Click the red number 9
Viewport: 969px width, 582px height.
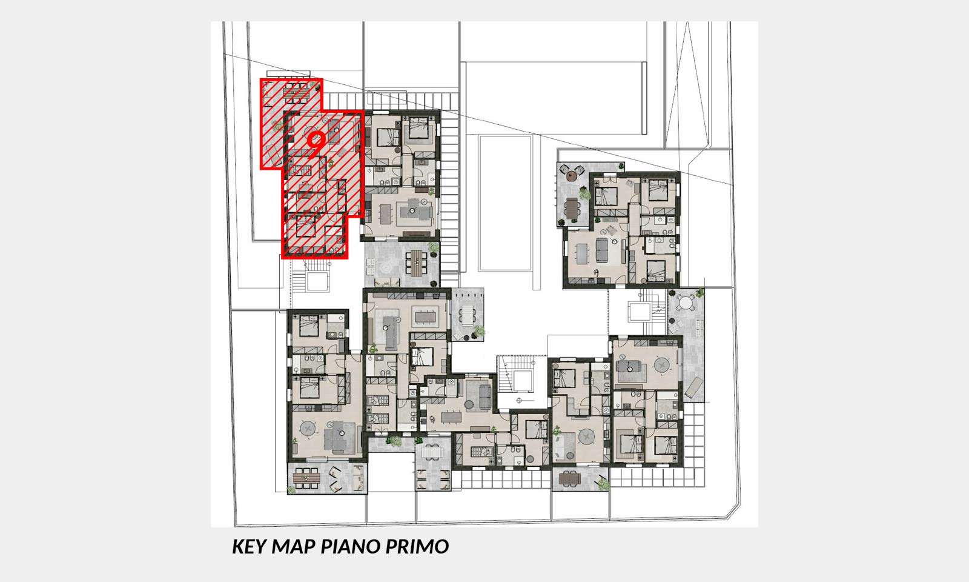pos(316,141)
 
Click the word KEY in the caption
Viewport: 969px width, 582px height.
pos(249,546)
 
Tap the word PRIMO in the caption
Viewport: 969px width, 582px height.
pos(417,546)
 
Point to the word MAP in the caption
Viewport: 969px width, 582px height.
pos(293,546)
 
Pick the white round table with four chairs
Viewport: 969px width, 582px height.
pos(686,302)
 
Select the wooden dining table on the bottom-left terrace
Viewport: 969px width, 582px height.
pos(306,478)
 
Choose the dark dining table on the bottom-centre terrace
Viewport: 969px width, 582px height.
pos(570,478)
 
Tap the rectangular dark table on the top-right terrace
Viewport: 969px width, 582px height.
pos(572,207)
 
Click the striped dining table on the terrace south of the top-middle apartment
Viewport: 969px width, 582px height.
pos(415,263)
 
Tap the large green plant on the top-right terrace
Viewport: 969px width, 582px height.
pos(585,195)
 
